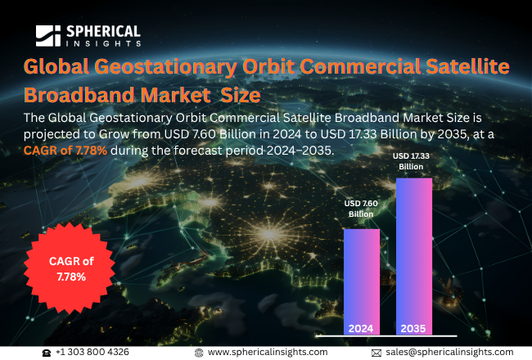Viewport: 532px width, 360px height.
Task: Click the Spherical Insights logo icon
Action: (x=49, y=35)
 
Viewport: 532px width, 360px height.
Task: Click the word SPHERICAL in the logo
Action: (x=101, y=31)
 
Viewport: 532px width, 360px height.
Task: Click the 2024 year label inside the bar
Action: (x=361, y=328)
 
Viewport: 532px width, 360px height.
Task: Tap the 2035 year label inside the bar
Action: (x=413, y=328)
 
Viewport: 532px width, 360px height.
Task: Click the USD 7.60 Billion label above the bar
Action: (x=361, y=209)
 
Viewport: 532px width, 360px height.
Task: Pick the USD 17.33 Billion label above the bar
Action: (x=413, y=160)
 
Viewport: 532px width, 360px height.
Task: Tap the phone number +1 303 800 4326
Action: (x=92, y=352)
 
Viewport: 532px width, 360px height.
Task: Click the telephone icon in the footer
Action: (x=47, y=352)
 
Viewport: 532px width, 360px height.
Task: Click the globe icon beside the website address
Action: (x=199, y=352)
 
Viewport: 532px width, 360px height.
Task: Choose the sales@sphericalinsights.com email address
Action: (x=449, y=352)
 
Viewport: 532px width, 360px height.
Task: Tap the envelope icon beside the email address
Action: (x=376, y=352)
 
